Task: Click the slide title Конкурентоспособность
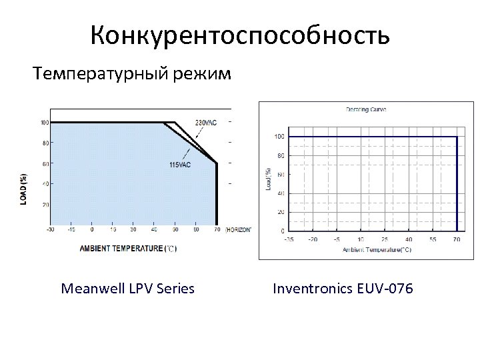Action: point(240,35)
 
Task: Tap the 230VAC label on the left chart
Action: point(206,123)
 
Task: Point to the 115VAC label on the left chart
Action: point(180,165)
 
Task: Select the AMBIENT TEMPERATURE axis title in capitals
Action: point(129,249)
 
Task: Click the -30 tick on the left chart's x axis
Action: point(51,230)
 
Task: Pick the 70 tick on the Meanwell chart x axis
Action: point(217,230)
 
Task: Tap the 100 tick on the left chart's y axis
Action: point(44,123)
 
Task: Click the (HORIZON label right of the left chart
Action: point(238,229)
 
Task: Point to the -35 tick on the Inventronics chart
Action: point(289,237)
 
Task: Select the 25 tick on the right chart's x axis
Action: point(384,237)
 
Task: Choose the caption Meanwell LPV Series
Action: point(127,289)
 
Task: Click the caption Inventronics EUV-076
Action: point(343,289)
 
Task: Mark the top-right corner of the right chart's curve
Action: point(456,137)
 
